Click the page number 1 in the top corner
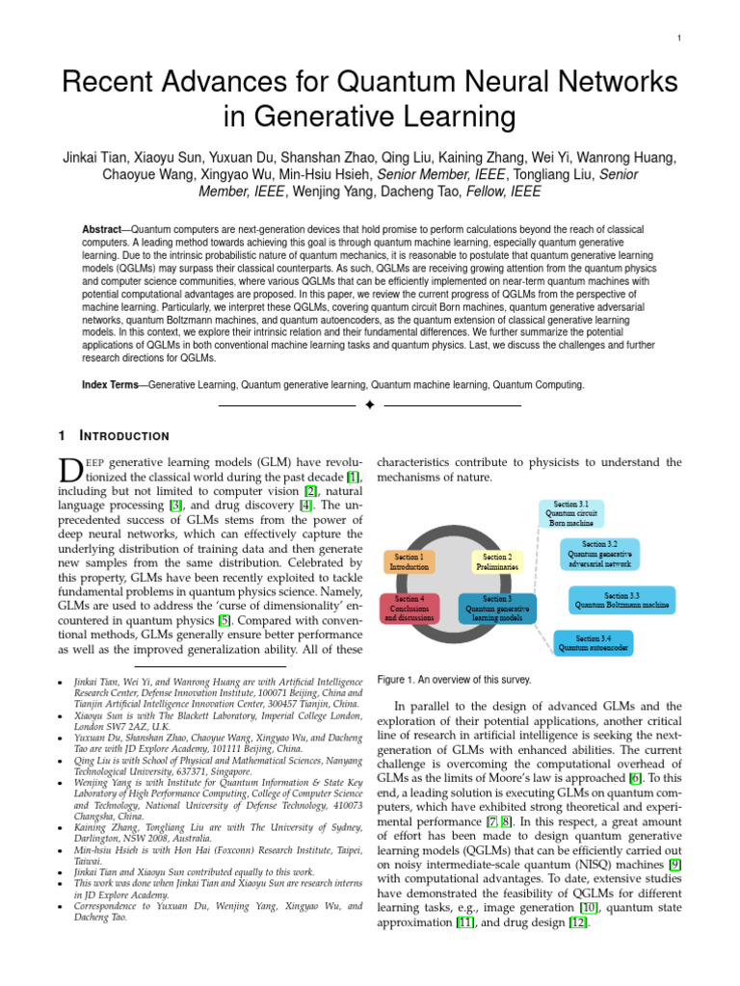(679, 38)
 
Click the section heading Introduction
(129, 435)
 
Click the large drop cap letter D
(72, 472)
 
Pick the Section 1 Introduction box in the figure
(411, 561)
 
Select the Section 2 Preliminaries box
(497, 561)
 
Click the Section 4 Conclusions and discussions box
(409, 609)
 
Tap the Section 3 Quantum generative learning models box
(497, 609)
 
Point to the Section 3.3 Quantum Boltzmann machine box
(621, 601)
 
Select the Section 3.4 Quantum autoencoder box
(594, 642)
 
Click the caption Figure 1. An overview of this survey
(454, 680)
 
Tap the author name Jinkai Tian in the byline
(95, 158)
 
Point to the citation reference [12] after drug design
(577, 921)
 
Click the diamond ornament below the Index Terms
(369, 405)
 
